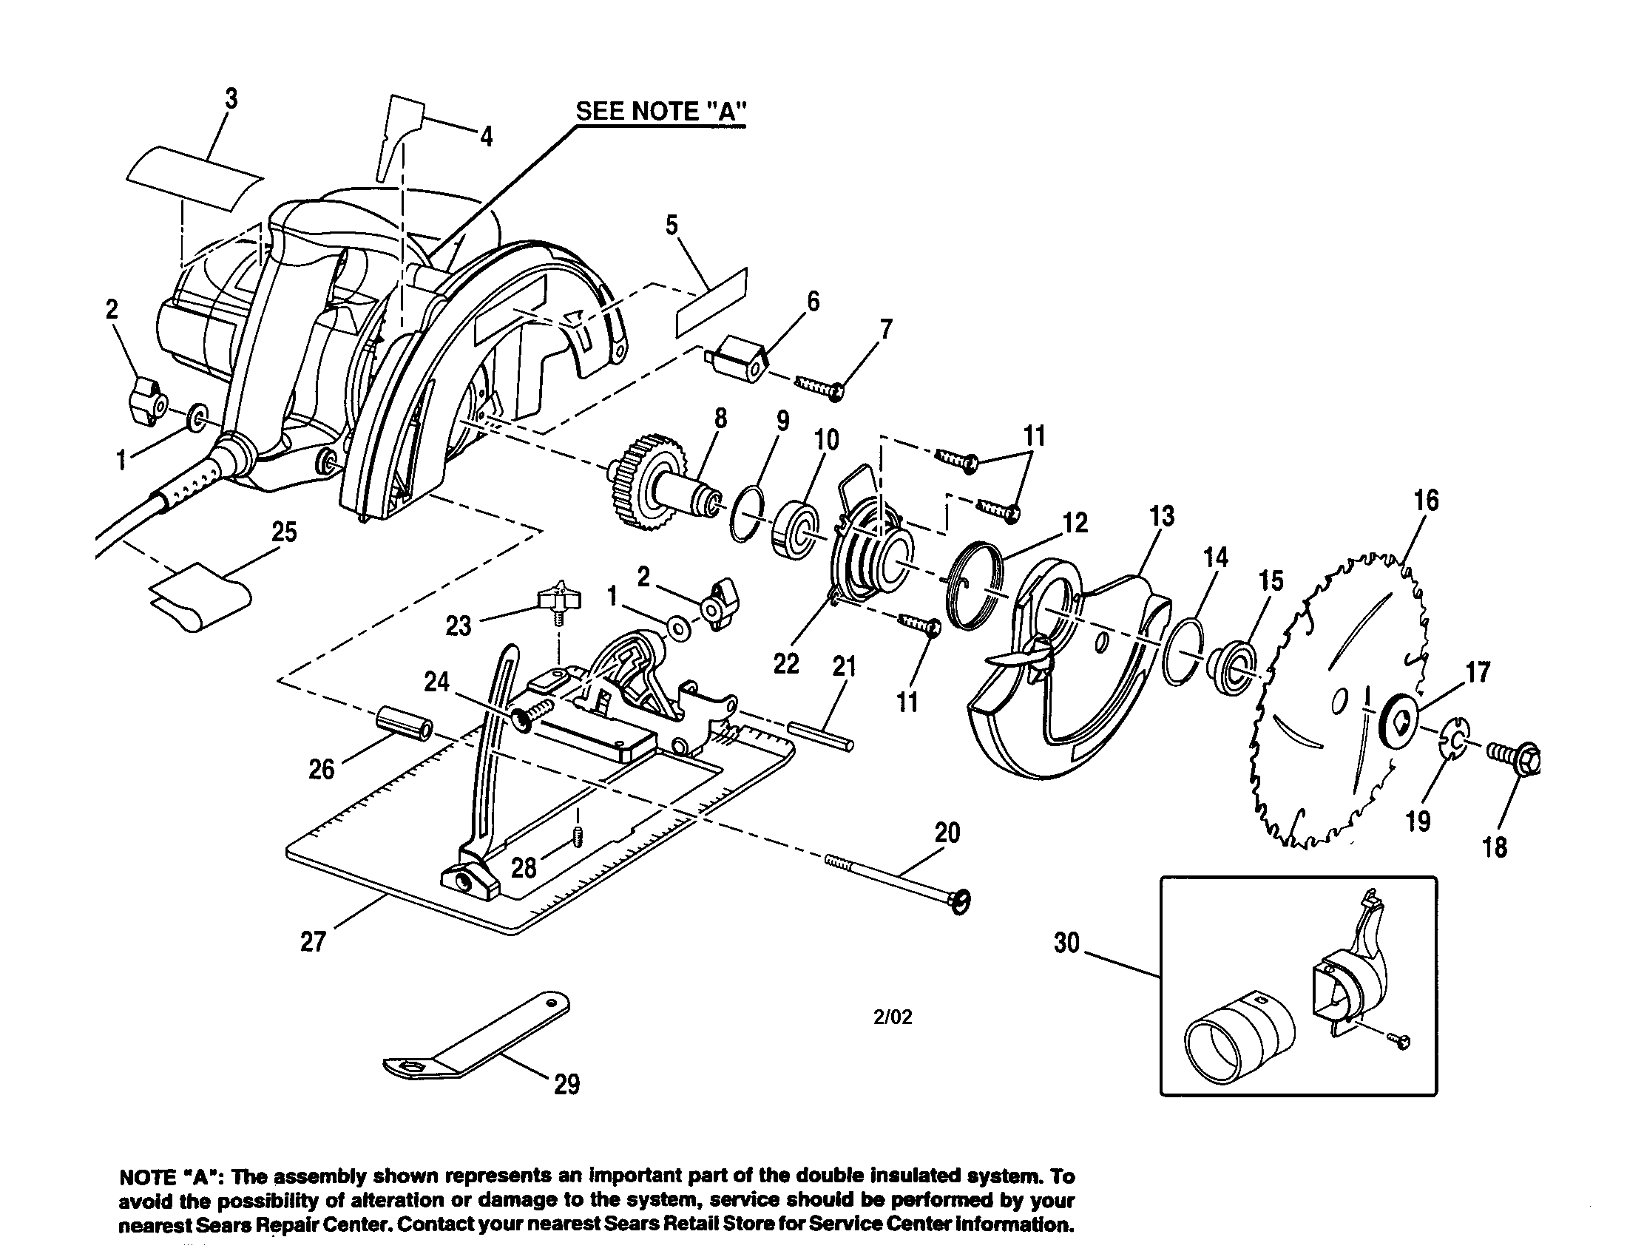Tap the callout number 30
pyautogui.click(x=1066, y=943)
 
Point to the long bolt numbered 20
pyautogui.click(x=894, y=878)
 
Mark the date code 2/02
pyautogui.click(x=893, y=1017)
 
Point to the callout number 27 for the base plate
pyautogui.click(x=313, y=942)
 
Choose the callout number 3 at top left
pyautogui.click(x=231, y=99)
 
